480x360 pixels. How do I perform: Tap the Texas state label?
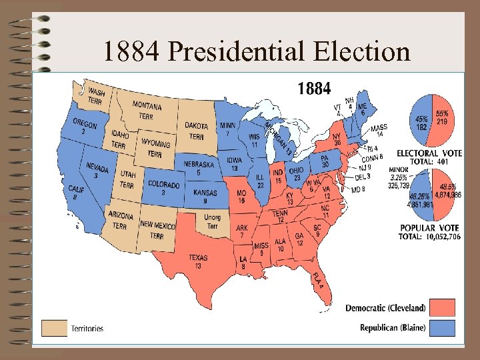click(199, 261)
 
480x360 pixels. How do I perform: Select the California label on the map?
click(77, 193)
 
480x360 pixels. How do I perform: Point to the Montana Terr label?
click(146, 110)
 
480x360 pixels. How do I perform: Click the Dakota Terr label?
click(197, 130)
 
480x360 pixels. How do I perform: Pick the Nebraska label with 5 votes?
click(199, 168)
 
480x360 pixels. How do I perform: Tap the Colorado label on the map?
click(163, 188)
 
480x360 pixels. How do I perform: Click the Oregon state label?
click(85, 128)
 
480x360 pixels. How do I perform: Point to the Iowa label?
click(235, 164)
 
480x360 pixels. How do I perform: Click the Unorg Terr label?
click(211, 222)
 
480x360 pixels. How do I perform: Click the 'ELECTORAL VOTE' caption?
click(429, 153)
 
